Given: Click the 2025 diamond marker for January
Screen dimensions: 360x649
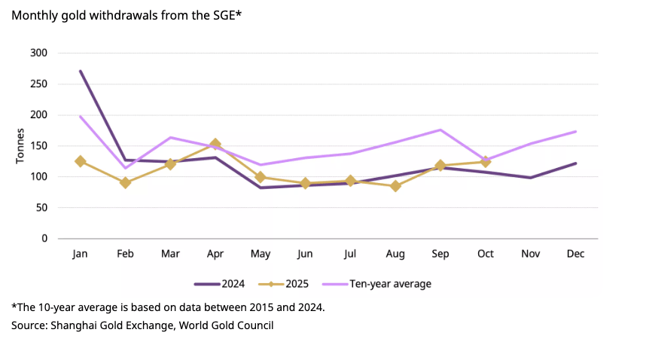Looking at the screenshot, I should pyautogui.click(x=80, y=161).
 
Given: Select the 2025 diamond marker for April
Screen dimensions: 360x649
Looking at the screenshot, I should pyautogui.click(x=215, y=144).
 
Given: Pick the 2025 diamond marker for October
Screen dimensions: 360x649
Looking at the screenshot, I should pyautogui.click(x=486, y=161).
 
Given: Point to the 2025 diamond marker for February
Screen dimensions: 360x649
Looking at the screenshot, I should pyautogui.click(x=125, y=182).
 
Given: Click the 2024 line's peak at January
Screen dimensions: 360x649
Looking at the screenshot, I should pyautogui.click(x=80, y=71).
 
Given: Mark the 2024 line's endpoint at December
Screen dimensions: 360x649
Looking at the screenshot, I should pyautogui.click(x=576, y=163).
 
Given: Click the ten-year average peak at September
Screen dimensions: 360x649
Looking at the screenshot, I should pyautogui.click(x=440, y=130).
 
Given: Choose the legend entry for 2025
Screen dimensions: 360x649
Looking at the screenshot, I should pyautogui.click(x=282, y=284).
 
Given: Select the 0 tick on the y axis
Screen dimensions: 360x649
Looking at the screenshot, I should pyautogui.click(x=44, y=238).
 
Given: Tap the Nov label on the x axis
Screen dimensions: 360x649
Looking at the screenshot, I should pyautogui.click(x=531, y=254).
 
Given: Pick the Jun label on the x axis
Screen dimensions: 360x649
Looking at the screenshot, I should pyautogui.click(x=306, y=254).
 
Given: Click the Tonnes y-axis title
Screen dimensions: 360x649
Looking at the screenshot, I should pyautogui.click(x=20, y=146).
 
